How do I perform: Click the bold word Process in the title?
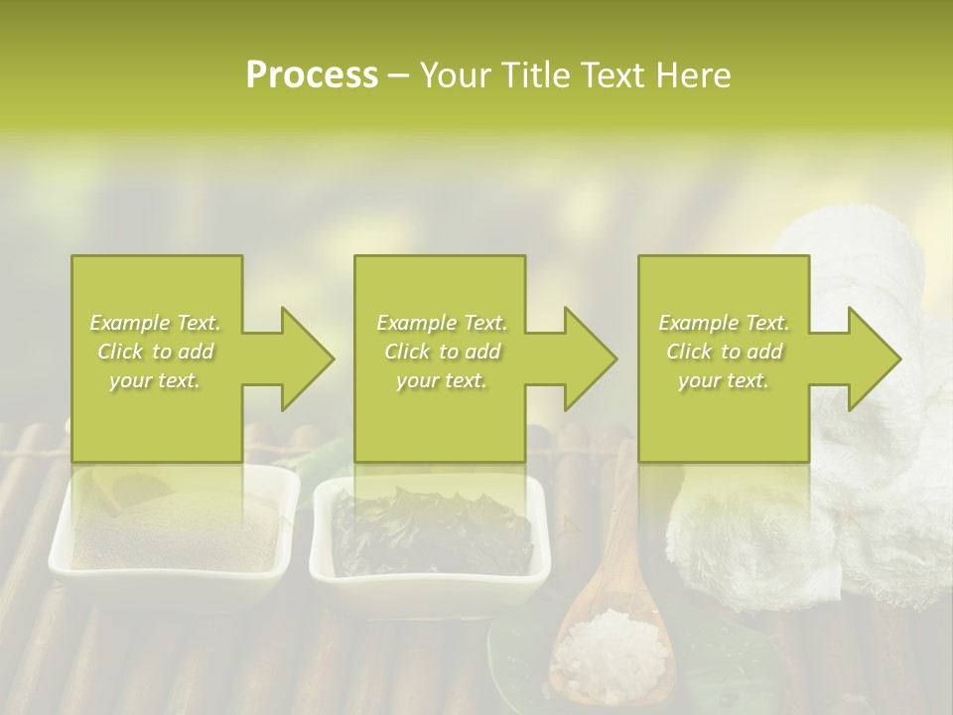312,75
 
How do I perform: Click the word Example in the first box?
129,323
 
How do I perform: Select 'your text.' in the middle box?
440,380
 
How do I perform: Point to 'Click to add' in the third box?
723,352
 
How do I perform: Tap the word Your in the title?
453,75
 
